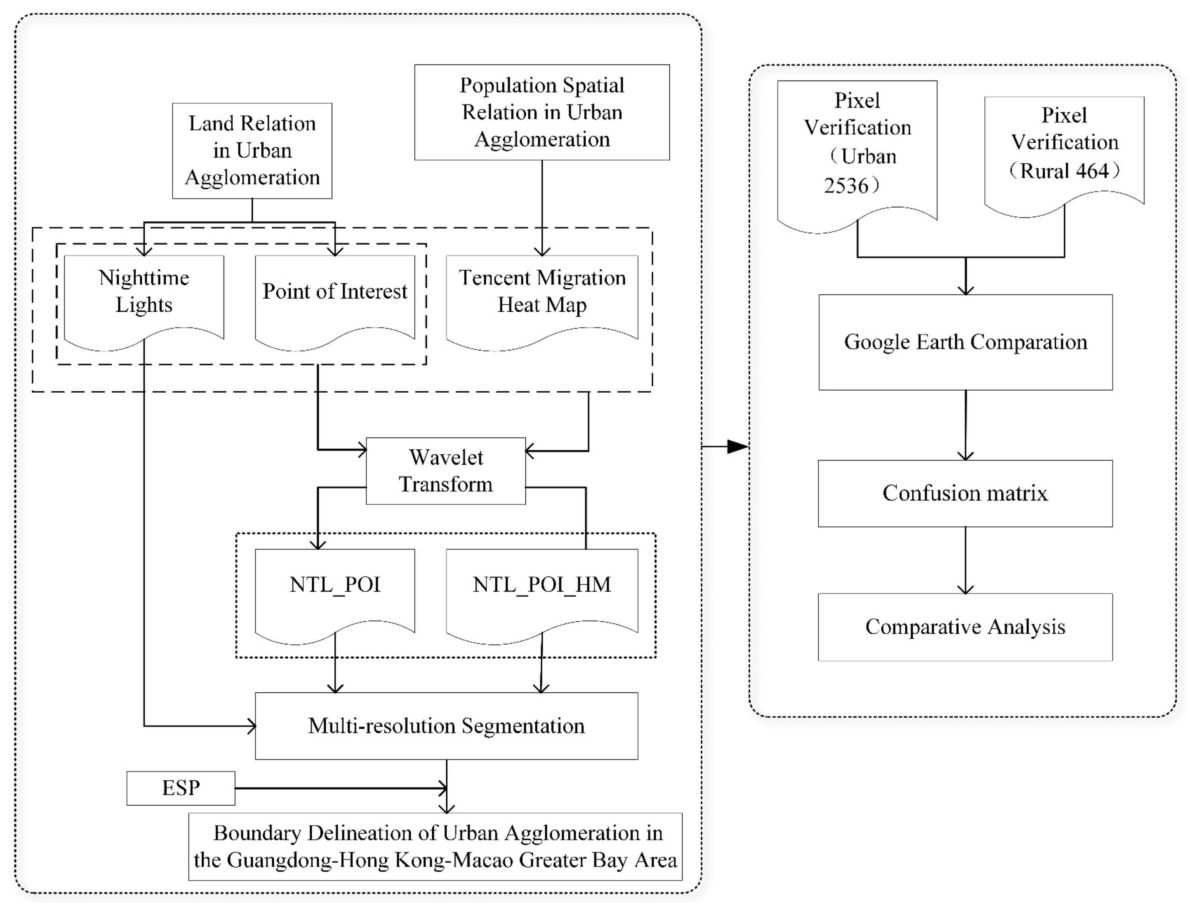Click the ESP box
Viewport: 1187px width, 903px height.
coord(180,788)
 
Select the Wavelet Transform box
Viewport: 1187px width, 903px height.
coord(445,471)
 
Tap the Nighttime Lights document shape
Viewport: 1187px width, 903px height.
coord(143,298)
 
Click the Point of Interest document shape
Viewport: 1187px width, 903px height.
coord(334,298)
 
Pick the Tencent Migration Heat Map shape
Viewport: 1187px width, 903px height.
coord(541,298)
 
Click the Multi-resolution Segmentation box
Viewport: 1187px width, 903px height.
coord(446,726)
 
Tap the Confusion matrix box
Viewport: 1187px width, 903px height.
coord(965,493)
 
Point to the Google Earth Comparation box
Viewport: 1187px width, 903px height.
coord(965,342)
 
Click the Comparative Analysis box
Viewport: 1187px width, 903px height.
coord(965,627)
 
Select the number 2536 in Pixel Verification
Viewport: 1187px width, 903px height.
coord(846,185)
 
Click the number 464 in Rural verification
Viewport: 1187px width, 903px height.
coord(1092,171)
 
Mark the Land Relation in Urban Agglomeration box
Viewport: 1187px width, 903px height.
coord(252,150)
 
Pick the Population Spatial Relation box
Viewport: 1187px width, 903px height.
coord(541,112)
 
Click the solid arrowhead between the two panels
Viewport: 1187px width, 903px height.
coord(737,446)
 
